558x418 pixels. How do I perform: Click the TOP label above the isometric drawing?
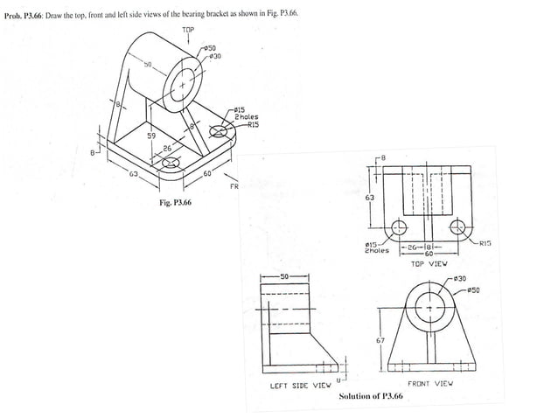pyautogui.click(x=188, y=30)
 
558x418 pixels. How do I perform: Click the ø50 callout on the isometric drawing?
pyautogui.click(x=211, y=47)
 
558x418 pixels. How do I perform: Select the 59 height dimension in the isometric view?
pyautogui.click(x=150, y=136)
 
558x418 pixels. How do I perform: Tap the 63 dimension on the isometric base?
pyautogui.click(x=134, y=175)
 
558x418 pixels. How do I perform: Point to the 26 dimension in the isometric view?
pyautogui.click(x=166, y=149)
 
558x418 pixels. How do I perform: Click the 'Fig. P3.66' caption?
pyautogui.click(x=175, y=203)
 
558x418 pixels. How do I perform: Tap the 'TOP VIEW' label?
pyautogui.click(x=429, y=262)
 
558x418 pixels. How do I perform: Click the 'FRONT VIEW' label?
pyautogui.click(x=429, y=383)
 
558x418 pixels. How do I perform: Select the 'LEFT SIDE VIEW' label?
pyautogui.click(x=300, y=385)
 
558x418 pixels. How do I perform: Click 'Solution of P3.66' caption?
pyautogui.click(x=371, y=397)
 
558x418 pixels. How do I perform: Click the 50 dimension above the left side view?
pyautogui.click(x=283, y=276)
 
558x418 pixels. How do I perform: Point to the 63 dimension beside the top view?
pyautogui.click(x=370, y=199)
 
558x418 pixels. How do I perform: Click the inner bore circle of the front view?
pyautogui.click(x=429, y=306)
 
